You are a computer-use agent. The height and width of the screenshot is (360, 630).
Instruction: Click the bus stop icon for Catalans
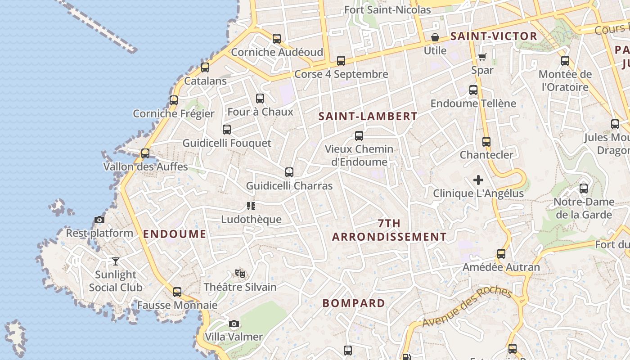coord(205,67)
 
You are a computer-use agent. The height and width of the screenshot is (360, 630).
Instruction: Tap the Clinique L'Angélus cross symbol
coord(478,180)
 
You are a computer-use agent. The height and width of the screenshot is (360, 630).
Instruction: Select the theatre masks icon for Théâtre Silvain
coord(240,273)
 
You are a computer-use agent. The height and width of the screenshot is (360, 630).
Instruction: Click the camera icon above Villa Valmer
coord(234,324)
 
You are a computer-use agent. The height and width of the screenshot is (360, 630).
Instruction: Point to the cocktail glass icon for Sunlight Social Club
coord(116,261)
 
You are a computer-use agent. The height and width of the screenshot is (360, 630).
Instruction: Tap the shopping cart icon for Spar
coord(482,57)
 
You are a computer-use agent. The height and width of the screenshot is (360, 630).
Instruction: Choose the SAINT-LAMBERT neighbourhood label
coord(368,116)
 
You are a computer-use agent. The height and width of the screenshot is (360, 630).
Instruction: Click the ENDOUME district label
coord(175,234)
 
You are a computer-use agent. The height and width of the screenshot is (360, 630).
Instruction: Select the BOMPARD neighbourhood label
coord(354,303)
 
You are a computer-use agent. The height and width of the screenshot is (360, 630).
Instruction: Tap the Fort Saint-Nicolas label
coord(387,9)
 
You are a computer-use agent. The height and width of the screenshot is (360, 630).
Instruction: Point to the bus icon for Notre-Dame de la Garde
coord(584,189)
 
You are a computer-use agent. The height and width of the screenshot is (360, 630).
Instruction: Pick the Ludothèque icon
coord(251,206)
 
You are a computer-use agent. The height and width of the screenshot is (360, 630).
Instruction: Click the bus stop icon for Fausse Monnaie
coord(177,292)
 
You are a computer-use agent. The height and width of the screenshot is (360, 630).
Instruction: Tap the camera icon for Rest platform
coord(99,220)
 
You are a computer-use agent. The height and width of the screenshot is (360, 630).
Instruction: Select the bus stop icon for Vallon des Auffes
coord(145,153)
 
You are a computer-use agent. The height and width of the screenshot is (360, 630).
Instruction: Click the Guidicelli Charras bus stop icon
coord(289,172)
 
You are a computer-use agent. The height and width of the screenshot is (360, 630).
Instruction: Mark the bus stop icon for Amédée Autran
coord(501,254)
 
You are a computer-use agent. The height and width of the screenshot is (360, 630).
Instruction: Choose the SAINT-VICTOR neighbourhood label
coord(494,36)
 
